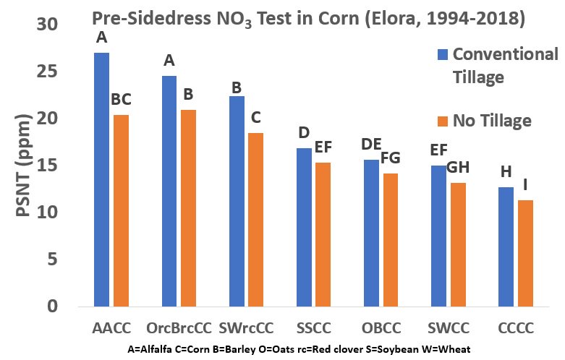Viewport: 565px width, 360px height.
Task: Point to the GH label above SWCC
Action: tap(459, 167)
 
